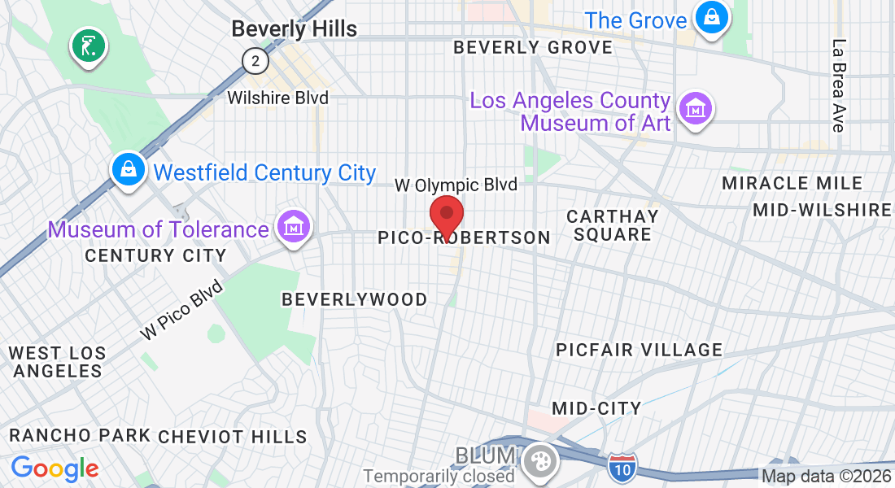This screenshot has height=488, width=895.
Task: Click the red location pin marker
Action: coord(446,216)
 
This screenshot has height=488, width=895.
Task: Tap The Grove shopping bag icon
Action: coord(711,17)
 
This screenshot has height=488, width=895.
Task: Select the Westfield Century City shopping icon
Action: coord(129,171)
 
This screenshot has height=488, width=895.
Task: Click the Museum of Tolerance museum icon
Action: coord(294,227)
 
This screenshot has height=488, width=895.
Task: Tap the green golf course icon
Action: coord(89,45)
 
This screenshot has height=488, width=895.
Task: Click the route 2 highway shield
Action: coord(255,60)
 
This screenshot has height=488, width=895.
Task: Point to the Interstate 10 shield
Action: coord(622,467)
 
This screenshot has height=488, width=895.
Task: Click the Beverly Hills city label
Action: coord(294,29)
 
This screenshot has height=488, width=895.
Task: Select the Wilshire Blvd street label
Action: coord(278,98)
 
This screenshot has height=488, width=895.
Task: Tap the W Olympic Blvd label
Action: coord(456,185)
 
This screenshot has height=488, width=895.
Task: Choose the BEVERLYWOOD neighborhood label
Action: coord(354,299)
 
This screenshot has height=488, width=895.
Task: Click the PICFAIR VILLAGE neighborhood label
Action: coord(639,350)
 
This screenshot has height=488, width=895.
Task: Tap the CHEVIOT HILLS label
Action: coord(233,437)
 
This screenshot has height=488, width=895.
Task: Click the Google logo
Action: coord(55,468)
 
